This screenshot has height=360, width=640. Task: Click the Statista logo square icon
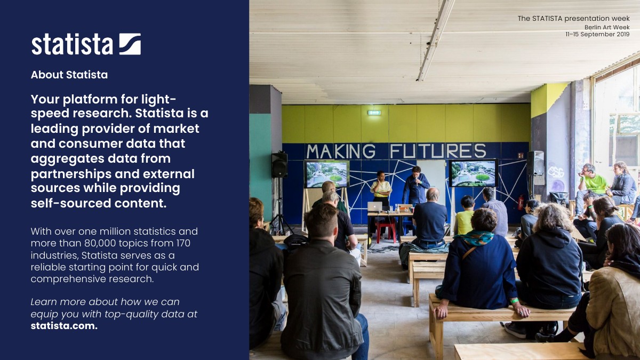[x=130, y=44]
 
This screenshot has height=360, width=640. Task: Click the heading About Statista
[x=69, y=75]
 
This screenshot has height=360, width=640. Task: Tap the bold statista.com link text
[x=64, y=326]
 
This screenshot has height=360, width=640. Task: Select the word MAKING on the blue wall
[x=341, y=151]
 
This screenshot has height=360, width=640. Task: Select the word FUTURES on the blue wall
[x=438, y=151]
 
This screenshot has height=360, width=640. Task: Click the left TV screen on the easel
[x=326, y=174]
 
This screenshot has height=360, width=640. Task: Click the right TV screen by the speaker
[x=474, y=173]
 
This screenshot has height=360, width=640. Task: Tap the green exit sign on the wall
[x=374, y=113]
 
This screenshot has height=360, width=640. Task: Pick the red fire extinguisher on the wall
[x=521, y=202]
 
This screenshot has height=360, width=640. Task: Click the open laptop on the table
[x=374, y=206]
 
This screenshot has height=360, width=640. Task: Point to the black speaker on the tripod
[x=279, y=165]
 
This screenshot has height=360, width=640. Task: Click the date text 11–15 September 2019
[x=597, y=34]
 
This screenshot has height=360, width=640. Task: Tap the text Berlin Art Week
[x=607, y=27]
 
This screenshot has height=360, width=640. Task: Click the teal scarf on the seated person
[x=476, y=238]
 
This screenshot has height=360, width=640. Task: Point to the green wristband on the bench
[x=514, y=301]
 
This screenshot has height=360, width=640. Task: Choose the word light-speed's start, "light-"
[x=158, y=99]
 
